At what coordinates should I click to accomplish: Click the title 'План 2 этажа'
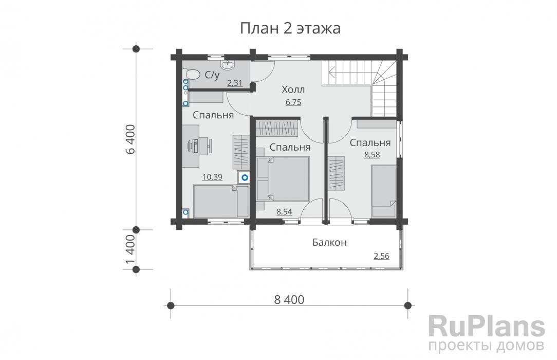[290, 28]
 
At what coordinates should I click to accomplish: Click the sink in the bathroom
[227, 64]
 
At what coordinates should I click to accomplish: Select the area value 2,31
[234, 83]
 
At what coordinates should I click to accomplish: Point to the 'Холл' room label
[293, 89]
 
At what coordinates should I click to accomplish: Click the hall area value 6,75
[293, 102]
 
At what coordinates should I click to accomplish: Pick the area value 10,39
[212, 177]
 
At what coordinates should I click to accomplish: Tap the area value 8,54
[284, 212]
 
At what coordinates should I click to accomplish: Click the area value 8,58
[372, 155]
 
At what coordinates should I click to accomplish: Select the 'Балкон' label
[329, 243]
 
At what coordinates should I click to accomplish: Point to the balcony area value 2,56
[381, 256]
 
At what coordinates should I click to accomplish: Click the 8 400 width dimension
[289, 300]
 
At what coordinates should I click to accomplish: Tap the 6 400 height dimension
[131, 139]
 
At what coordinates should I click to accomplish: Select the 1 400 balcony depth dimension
[131, 250]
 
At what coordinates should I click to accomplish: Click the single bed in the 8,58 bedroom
[384, 191]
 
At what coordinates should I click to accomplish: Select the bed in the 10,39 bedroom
[220, 201]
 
